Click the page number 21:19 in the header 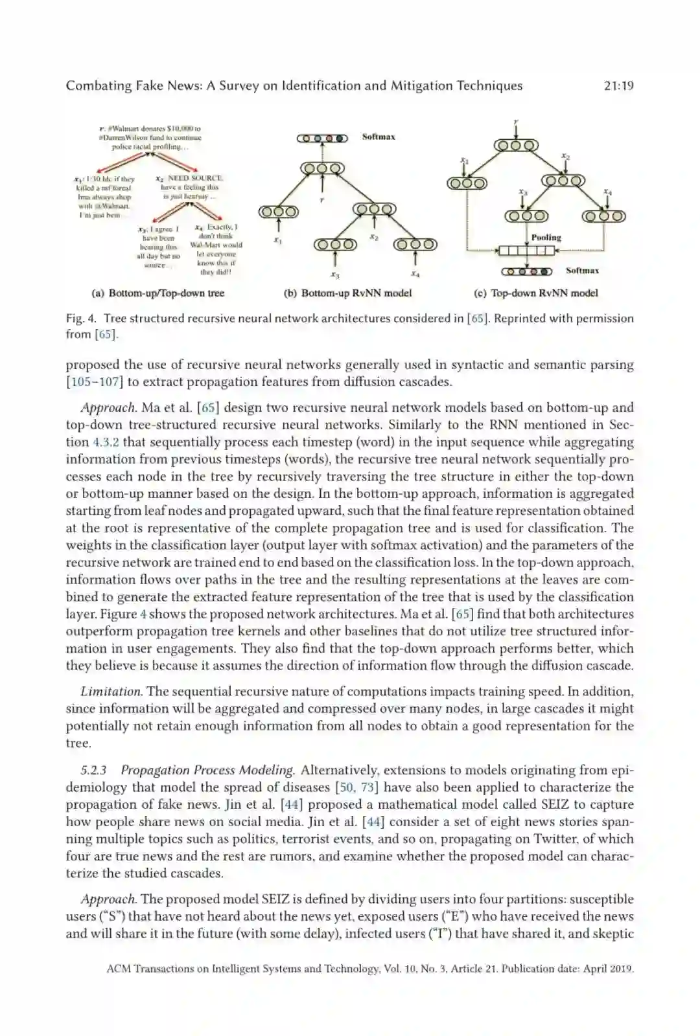(x=618, y=85)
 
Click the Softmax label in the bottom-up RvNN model (x=379, y=137)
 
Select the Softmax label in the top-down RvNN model (x=582, y=271)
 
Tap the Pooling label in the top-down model (x=546, y=238)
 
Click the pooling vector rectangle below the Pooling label (x=526, y=251)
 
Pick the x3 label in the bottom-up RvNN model (x=334, y=275)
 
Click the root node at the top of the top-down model (x=516, y=145)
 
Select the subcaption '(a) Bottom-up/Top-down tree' (x=158, y=293)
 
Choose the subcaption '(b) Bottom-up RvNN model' (x=347, y=293)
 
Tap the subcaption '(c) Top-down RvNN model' (x=536, y=293)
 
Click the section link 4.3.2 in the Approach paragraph (x=106, y=442)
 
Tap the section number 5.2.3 (x=93, y=771)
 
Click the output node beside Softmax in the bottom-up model (x=322, y=138)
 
